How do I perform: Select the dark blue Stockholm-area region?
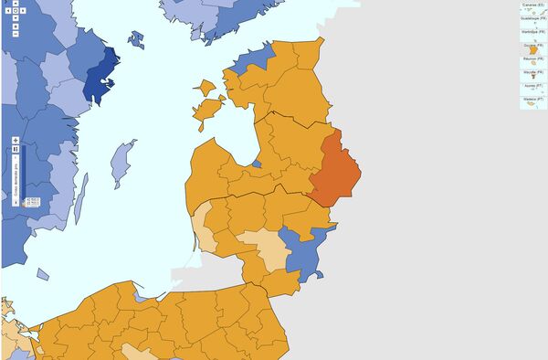point(101,75)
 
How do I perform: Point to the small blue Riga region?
point(257,164)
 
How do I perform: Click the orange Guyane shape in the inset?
point(531,50)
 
